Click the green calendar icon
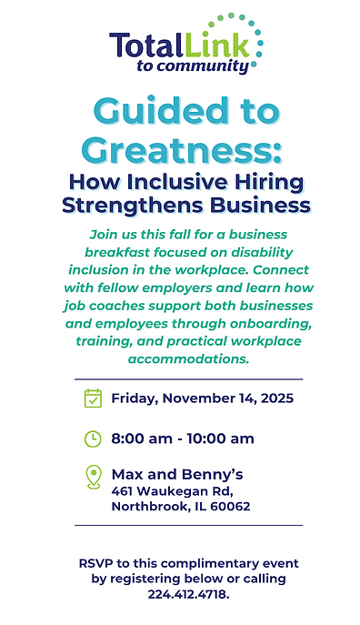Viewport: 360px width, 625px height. (93, 398)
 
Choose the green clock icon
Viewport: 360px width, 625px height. (93, 439)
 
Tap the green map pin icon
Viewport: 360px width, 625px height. (93, 478)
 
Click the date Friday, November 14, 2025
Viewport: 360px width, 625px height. (202, 398)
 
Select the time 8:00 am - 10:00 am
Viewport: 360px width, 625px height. (182, 439)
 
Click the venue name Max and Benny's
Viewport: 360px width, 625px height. (176, 474)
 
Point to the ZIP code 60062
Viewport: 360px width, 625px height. (231, 507)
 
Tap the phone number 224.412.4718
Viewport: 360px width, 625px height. (187, 594)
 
